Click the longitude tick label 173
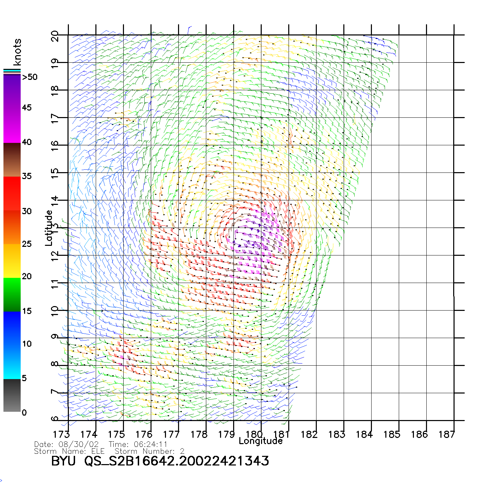click(61, 434)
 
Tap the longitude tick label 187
click(447, 434)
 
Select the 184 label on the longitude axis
click(364, 434)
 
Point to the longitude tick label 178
click(199, 434)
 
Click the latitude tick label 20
click(55, 36)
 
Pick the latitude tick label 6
click(55, 419)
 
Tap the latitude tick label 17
click(55, 118)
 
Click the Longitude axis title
click(261, 441)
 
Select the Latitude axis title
click(49, 228)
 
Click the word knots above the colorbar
click(17, 52)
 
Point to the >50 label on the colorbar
click(30, 77)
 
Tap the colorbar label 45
click(27, 108)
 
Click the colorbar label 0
click(24, 412)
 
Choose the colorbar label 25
click(27, 244)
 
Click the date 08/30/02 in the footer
click(79, 444)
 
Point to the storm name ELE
click(98, 451)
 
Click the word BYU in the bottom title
click(63, 461)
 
